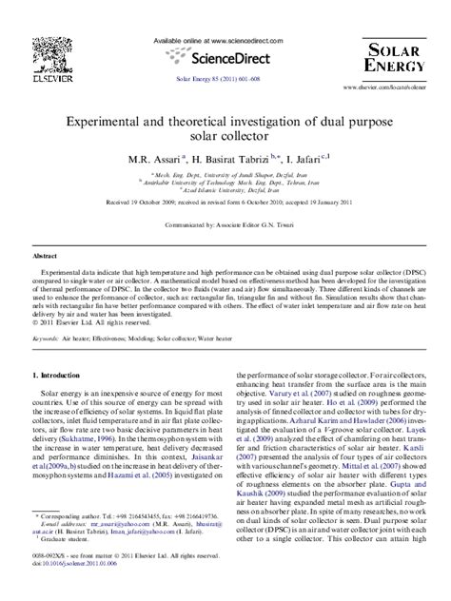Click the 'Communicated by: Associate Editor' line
[225, 225]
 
